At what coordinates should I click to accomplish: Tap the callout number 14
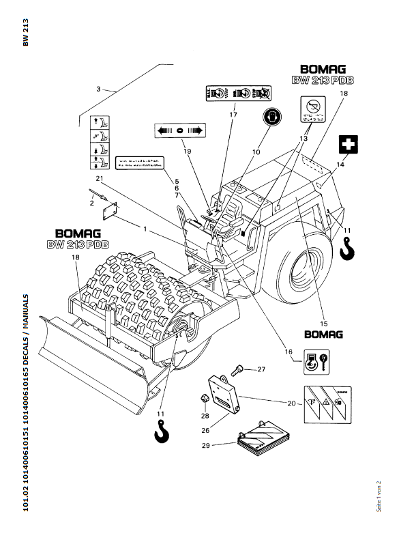tap(340, 164)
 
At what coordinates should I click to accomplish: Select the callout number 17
tap(233, 115)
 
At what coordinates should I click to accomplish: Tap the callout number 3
tap(98, 89)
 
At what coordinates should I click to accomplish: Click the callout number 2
tap(92, 203)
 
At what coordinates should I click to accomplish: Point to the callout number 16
tap(289, 352)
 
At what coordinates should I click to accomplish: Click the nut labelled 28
tap(204, 399)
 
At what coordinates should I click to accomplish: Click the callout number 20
tap(291, 403)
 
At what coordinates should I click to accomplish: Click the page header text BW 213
tap(25, 32)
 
